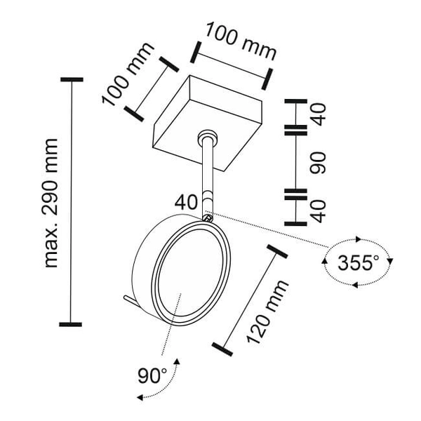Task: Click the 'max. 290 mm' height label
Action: tap(51, 203)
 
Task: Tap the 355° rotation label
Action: tap(358, 263)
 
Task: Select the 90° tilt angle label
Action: tap(152, 375)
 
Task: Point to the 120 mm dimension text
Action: tap(267, 312)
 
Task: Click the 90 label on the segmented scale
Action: tap(318, 163)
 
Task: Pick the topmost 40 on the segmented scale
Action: tap(319, 114)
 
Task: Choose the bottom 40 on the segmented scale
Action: tap(319, 212)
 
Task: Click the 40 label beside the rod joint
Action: tap(186, 202)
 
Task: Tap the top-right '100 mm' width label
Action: tap(241, 41)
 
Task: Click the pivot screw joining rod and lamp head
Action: tap(208, 218)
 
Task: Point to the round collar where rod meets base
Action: tap(208, 136)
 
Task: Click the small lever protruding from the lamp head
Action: tap(130, 300)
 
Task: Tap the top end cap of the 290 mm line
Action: tap(72, 79)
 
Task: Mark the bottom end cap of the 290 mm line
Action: tap(70, 324)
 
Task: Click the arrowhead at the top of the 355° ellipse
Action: tap(358, 239)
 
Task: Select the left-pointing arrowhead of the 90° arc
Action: tap(140, 397)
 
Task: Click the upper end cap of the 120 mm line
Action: tap(277, 252)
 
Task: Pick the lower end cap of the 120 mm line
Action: tap(222, 349)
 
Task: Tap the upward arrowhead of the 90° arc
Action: tap(177, 361)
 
